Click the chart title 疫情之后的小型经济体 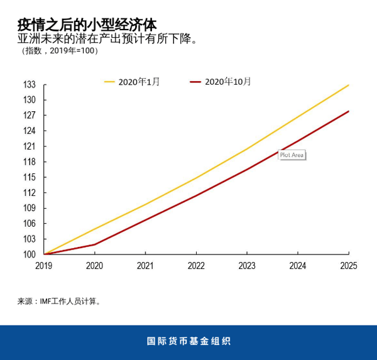click(x=87, y=24)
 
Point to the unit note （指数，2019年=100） click(x=60, y=51)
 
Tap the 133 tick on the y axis click(x=30, y=85)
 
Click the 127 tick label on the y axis click(x=30, y=116)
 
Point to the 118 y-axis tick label click(x=30, y=162)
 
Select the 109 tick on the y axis click(x=30, y=208)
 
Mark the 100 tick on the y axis click(x=30, y=254)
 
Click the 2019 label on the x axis click(x=44, y=266)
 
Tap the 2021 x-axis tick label click(x=145, y=266)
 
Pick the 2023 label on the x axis click(x=247, y=266)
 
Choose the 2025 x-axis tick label click(x=348, y=266)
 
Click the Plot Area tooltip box click(x=292, y=155)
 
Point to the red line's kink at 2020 click(x=94, y=244)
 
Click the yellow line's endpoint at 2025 click(x=348, y=85)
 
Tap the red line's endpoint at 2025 click(x=348, y=111)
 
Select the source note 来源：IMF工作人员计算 click(x=59, y=302)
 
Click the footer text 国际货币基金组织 click(x=188, y=342)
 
